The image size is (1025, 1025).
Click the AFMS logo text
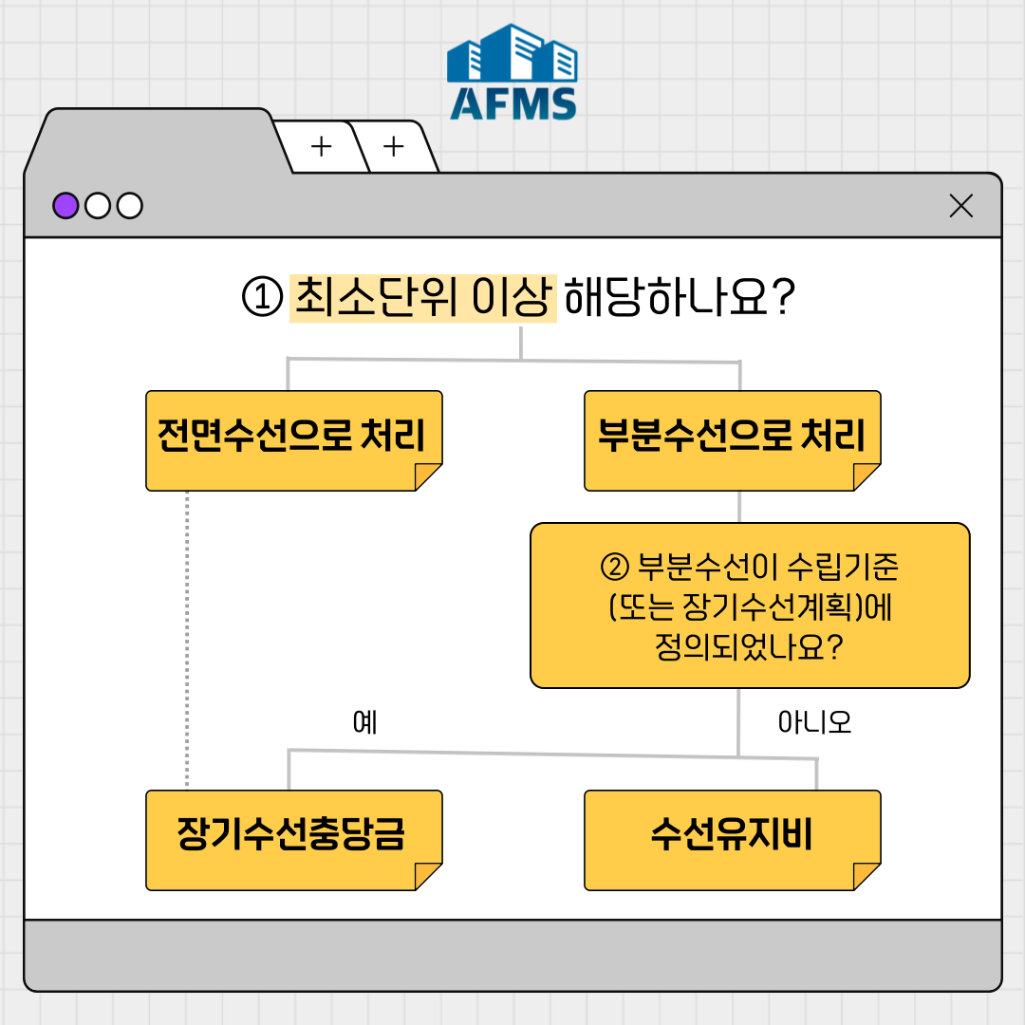point(512,103)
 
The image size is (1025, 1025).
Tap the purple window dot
point(65,205)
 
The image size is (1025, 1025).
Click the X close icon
point(960,206)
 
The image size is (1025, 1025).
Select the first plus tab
point(322,147)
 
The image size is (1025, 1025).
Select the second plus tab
point(393,147)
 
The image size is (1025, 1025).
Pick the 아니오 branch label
point(814,723)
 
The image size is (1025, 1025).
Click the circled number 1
point(261,299)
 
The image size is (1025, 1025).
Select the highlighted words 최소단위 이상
point(422,298)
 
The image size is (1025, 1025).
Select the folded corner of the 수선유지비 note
point(867,876)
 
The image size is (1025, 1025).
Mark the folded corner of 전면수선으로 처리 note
point(428,476)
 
